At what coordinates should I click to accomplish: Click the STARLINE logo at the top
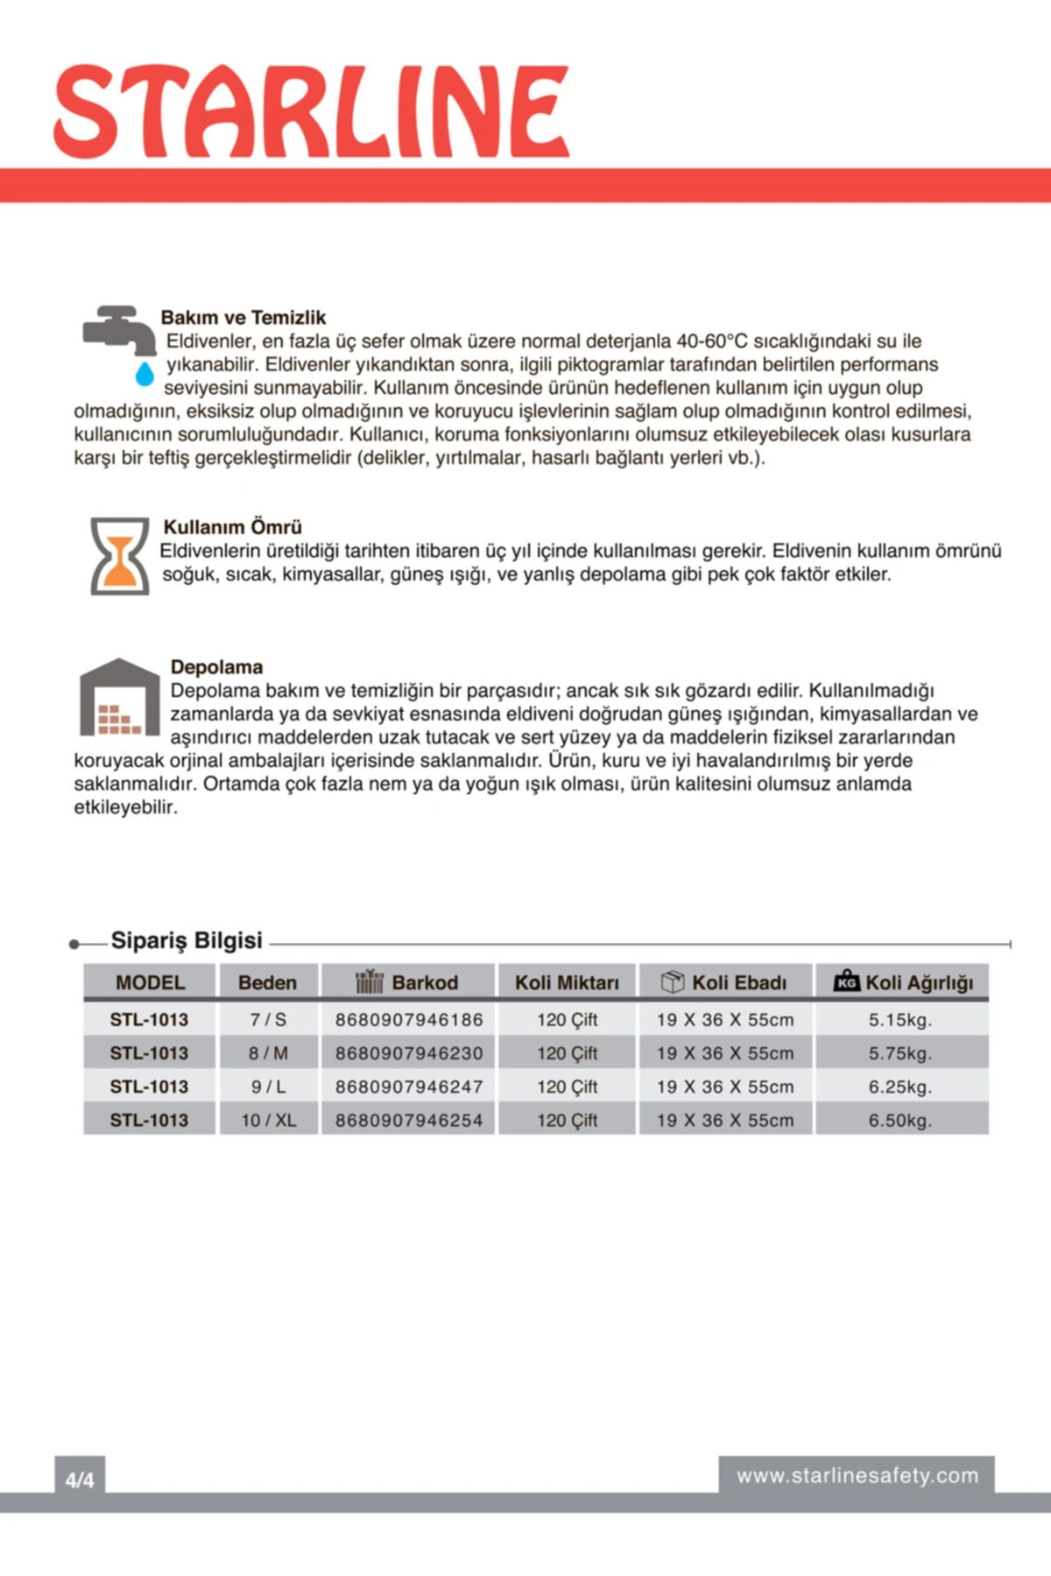tap(311, 112)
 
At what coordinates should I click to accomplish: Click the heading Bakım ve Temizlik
tap(243, 317)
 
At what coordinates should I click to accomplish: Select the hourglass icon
tap(120, 556)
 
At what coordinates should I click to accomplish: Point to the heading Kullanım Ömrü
tap(232, 527)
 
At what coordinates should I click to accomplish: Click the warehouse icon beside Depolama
tap(119, 697)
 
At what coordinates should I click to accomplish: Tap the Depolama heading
tap(216, 667)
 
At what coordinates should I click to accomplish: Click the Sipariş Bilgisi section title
tap(187, 940)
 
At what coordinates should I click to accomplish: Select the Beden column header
tap(267, 982)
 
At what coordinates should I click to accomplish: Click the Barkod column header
tap(408, 982)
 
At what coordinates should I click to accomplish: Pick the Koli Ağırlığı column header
tap(902, 982)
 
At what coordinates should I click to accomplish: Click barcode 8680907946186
tap(409, 1020)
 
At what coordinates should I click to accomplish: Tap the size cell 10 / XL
tap(268, 1120)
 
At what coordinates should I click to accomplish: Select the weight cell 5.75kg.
tap(900, 1053)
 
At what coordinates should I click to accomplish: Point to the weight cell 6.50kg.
tap(900, 1120)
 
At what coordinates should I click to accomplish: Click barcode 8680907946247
tap(409, 1087)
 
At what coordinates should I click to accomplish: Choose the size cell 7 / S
tap(268, 1020)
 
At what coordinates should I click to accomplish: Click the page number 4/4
tap(80, 1480)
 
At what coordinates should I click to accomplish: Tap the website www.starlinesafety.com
tap(857, 1475)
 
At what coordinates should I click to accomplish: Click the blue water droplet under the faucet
tap(145, 374)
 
